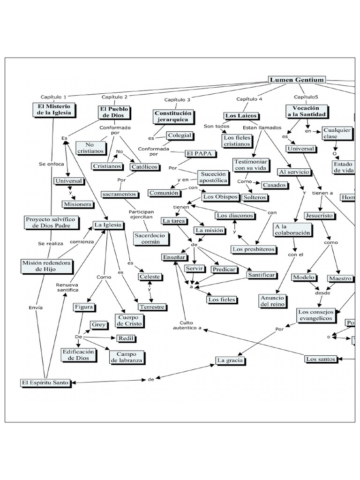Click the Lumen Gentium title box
point(296,80)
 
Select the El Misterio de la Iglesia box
point(53,110)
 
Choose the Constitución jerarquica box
point(173,116)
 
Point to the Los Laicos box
point(241,116)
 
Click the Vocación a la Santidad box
point(306,111)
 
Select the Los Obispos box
point(220,196)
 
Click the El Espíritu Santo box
point(45,382)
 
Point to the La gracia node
point(231,360)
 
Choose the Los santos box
point(321,359)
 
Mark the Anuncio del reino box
point(273,301)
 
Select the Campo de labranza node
point(127,357)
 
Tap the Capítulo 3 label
point(177,100)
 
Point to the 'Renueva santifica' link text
point(67,287)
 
